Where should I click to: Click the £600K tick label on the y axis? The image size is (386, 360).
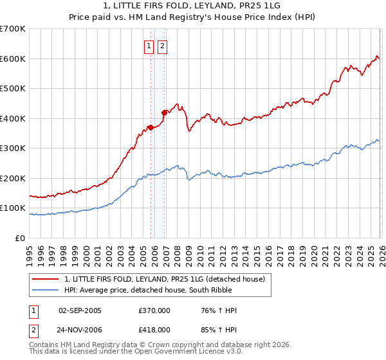[12, 59]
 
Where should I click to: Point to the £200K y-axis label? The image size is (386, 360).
[12, 178]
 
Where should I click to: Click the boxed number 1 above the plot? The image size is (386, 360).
[149, 46]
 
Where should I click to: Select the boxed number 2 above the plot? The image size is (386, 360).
[162, 46]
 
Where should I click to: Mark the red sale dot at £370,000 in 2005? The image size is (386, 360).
[151, 127]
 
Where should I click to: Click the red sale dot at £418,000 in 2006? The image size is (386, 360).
[164, 113]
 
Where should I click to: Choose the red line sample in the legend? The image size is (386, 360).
[46, 278]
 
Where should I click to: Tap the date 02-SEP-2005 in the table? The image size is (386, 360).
[79, 311]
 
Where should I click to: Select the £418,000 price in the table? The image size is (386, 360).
[154, 329]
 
